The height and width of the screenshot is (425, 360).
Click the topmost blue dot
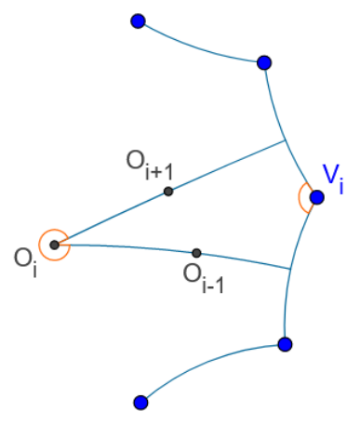pos(139,20)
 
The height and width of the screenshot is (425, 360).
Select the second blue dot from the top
pos(263,62)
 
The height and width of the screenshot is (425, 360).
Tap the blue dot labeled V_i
pos(316,197)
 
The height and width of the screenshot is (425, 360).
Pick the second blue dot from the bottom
pos(286,344)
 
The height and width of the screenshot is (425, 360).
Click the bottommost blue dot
pos(140,402)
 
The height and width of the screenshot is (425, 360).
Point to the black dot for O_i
pos(54,245)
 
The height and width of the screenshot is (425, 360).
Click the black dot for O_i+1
pos(167,192)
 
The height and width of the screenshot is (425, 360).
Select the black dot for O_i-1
pos(196,253)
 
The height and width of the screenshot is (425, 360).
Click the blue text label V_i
pos(333,176)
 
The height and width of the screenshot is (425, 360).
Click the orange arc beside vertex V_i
pos(300,198)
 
